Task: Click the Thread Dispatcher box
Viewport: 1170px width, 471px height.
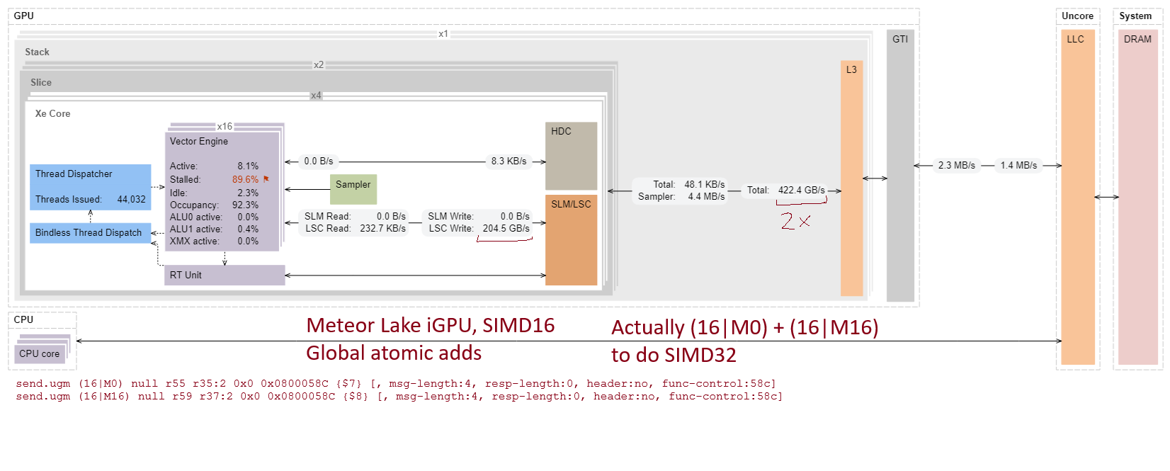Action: click(x=90, y=186)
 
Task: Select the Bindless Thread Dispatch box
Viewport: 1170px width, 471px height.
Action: click(x=89, y=232)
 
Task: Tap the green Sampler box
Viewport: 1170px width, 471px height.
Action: click(x=353, y=188)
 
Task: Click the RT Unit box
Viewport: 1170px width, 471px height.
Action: click(x=225, y=275)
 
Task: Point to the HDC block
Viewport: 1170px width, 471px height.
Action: click(x=571, y=155)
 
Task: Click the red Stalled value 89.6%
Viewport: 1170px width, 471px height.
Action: click(x=245, y=179)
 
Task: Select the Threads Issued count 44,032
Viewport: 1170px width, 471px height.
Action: click(x=131, y=199)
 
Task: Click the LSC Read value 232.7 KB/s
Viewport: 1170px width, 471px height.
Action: click(x=382, y=228)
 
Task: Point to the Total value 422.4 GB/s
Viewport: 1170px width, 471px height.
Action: click(x=801, y=190)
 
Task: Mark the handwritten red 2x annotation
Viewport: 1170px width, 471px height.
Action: click(x=795, y=221)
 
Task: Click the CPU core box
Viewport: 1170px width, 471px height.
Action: click(x=40, y=353)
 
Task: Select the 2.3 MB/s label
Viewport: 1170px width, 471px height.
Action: click(x=956, y=165)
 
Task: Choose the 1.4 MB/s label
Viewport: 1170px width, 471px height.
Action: click(x=1018, y=165)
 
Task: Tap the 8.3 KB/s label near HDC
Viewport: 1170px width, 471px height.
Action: click(x=509, y=161)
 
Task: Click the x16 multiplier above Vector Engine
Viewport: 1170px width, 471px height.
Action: click(x=225, y=126)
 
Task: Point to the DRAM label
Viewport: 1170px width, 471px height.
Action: click(x=1137, y=39)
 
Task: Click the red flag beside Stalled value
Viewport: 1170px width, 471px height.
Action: click(x=266, y=179)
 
